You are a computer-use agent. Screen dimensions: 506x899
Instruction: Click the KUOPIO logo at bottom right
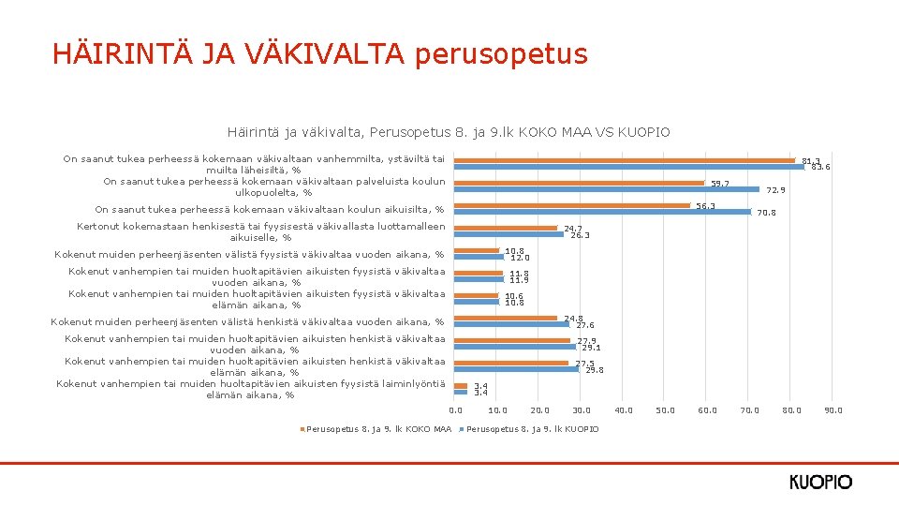(x=820, y=483)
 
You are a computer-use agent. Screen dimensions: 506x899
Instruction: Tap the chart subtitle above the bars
(x=449, y=132)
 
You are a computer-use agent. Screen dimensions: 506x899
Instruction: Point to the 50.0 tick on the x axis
(x=666, y=409)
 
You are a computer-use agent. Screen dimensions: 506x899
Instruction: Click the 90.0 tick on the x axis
(x=833, y=409)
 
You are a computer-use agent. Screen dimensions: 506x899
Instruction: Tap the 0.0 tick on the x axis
(x=456, y=409)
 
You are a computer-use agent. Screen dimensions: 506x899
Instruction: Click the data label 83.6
(x=820, y=167)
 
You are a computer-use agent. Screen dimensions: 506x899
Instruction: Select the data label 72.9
(x=776, y=190)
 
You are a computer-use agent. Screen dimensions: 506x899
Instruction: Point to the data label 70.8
(x=766, y=213)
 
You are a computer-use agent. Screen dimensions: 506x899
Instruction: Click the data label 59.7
(x=719, y=184)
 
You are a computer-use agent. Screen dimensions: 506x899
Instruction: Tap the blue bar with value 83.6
(x=629, y=167)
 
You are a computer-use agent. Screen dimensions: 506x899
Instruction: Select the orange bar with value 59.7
(x=579, y=183)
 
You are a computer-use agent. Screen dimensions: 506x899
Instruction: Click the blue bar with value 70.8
(x=602, y=212)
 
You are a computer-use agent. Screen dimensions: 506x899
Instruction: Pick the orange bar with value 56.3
(x=571, y=205)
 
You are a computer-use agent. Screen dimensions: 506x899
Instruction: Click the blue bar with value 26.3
(x=508, y=234)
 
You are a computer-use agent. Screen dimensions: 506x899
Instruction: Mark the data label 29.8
(x=594, y=370)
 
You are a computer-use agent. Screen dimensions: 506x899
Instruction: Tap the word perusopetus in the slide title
(x=501, y=53)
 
